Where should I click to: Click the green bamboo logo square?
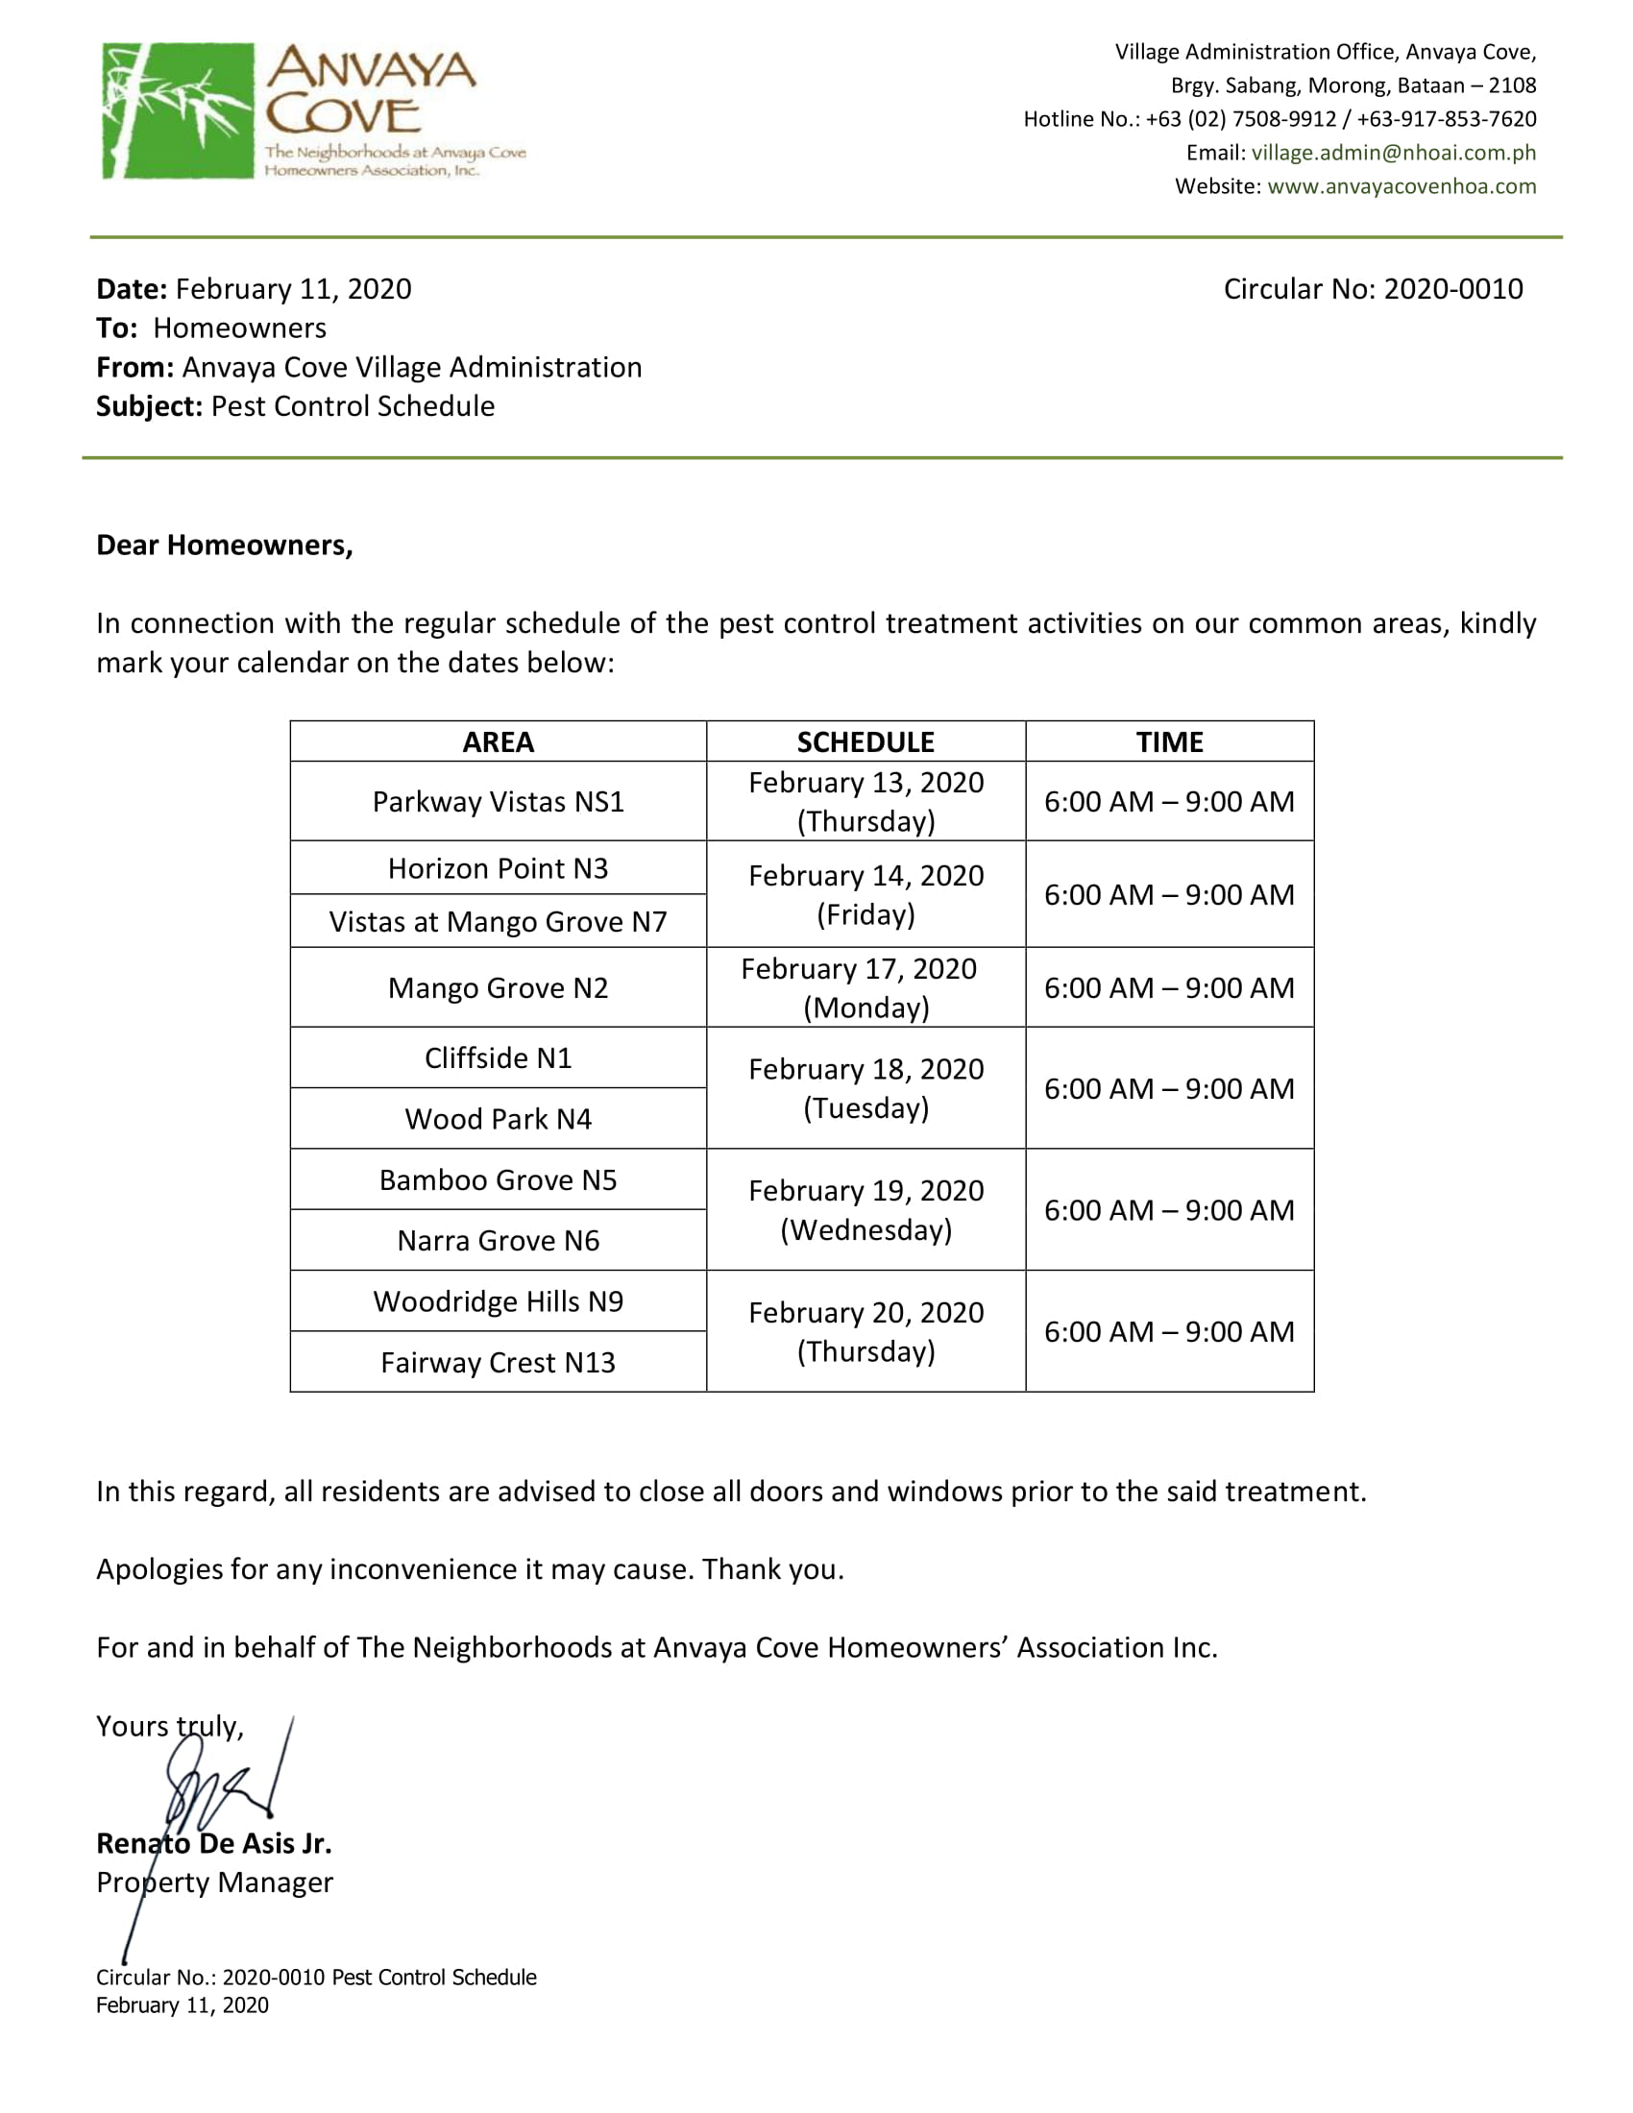coord(177,110)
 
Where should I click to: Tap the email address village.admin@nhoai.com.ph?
coord(1393,153)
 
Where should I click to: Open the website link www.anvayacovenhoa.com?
coord(1401,186)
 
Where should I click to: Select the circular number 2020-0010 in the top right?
coord(1373,289)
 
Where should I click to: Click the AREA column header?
coord(498,742)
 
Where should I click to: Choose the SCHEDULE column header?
coord(865,742)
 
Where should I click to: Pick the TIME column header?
coord(1169,742)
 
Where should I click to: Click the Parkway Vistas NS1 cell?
coord(498,802)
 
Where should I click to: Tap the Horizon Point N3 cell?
coord(498,869)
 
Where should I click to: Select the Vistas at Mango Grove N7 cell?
coord(498,922)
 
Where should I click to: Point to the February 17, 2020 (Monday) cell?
coord(865,987)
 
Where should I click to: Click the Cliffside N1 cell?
coord(498,1058)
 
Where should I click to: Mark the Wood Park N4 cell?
coord(498,1119)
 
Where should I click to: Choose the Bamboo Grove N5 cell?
coord(498,1180)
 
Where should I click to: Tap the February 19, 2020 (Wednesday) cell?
coord(865,1210)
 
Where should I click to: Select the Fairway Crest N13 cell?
coord(498,1363)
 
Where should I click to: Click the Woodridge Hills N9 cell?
coord(498,1302)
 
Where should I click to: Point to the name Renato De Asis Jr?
coord(214,1844)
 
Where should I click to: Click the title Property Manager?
coord(214,1882)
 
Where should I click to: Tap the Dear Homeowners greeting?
coord(225,546)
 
